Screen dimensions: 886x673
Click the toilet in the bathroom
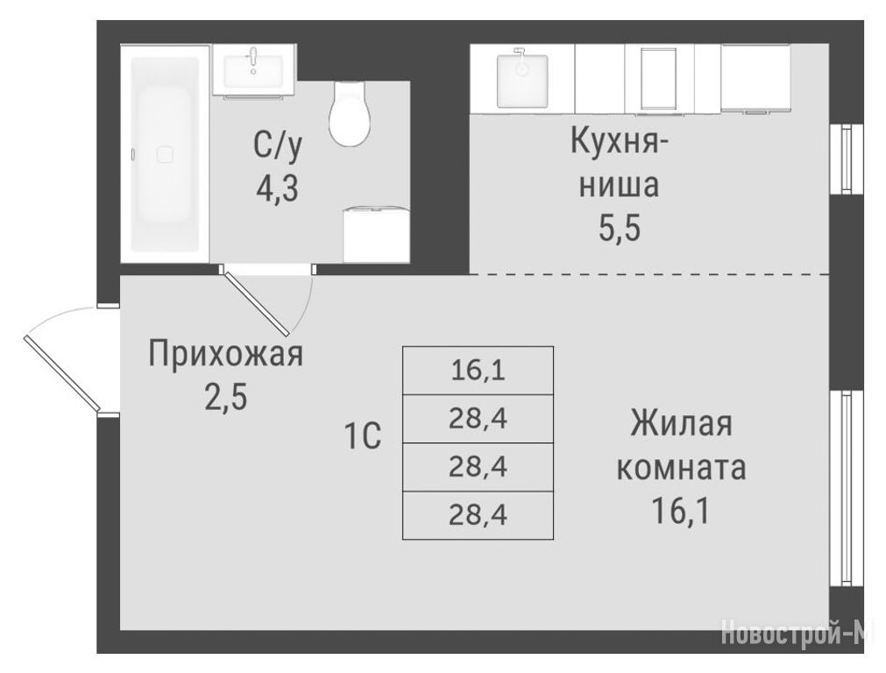pos(351,113)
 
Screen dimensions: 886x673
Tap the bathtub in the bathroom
pos(165,154)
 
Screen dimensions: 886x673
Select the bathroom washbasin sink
pos(254,70)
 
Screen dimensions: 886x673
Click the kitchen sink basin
pos(522,80)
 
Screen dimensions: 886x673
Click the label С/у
pos(278,145)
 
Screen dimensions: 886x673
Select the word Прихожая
pos(226,355)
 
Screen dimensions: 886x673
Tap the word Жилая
pos(682,424)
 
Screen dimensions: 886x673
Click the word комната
pos(682,467)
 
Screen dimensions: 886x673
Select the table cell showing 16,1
pos(478,371)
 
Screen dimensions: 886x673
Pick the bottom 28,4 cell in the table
pos(478,515)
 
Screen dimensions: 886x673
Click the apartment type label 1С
pos(362,436)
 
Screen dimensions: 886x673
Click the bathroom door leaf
pos(257,303)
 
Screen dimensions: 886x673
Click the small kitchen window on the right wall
pos(846,159)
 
